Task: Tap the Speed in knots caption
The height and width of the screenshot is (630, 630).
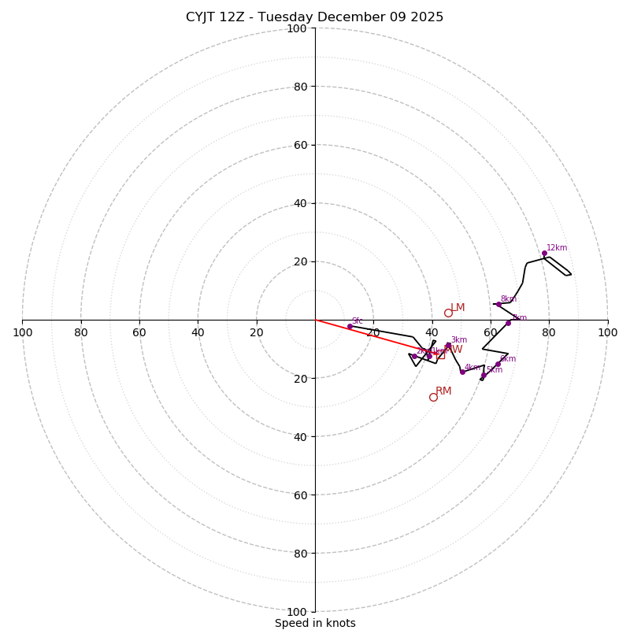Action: [315, 623]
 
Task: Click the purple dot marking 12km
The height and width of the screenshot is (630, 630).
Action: [544, 254]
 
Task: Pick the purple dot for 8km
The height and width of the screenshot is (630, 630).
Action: [498, 304]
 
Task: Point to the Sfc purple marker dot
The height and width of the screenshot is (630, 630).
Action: [350, 326]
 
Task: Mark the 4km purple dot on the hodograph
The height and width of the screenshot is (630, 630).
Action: [462, 372]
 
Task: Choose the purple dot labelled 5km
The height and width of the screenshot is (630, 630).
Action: [484, 375]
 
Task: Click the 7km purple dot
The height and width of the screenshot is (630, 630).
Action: [508, 323]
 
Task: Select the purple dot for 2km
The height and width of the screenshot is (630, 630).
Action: [414, 356]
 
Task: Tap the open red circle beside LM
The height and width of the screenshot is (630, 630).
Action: [448, 313]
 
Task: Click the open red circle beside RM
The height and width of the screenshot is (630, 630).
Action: [433, 397]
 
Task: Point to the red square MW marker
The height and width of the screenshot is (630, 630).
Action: [440, 355]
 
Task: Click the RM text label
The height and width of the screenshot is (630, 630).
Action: [443, 391]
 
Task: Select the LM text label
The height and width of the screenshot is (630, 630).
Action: [458, 308]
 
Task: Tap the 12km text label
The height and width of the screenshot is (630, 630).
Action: [557, 248]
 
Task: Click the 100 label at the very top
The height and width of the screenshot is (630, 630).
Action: [297, 28]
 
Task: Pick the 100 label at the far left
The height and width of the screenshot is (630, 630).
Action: [23, 332]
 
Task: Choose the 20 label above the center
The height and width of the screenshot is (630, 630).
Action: [300, 261]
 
